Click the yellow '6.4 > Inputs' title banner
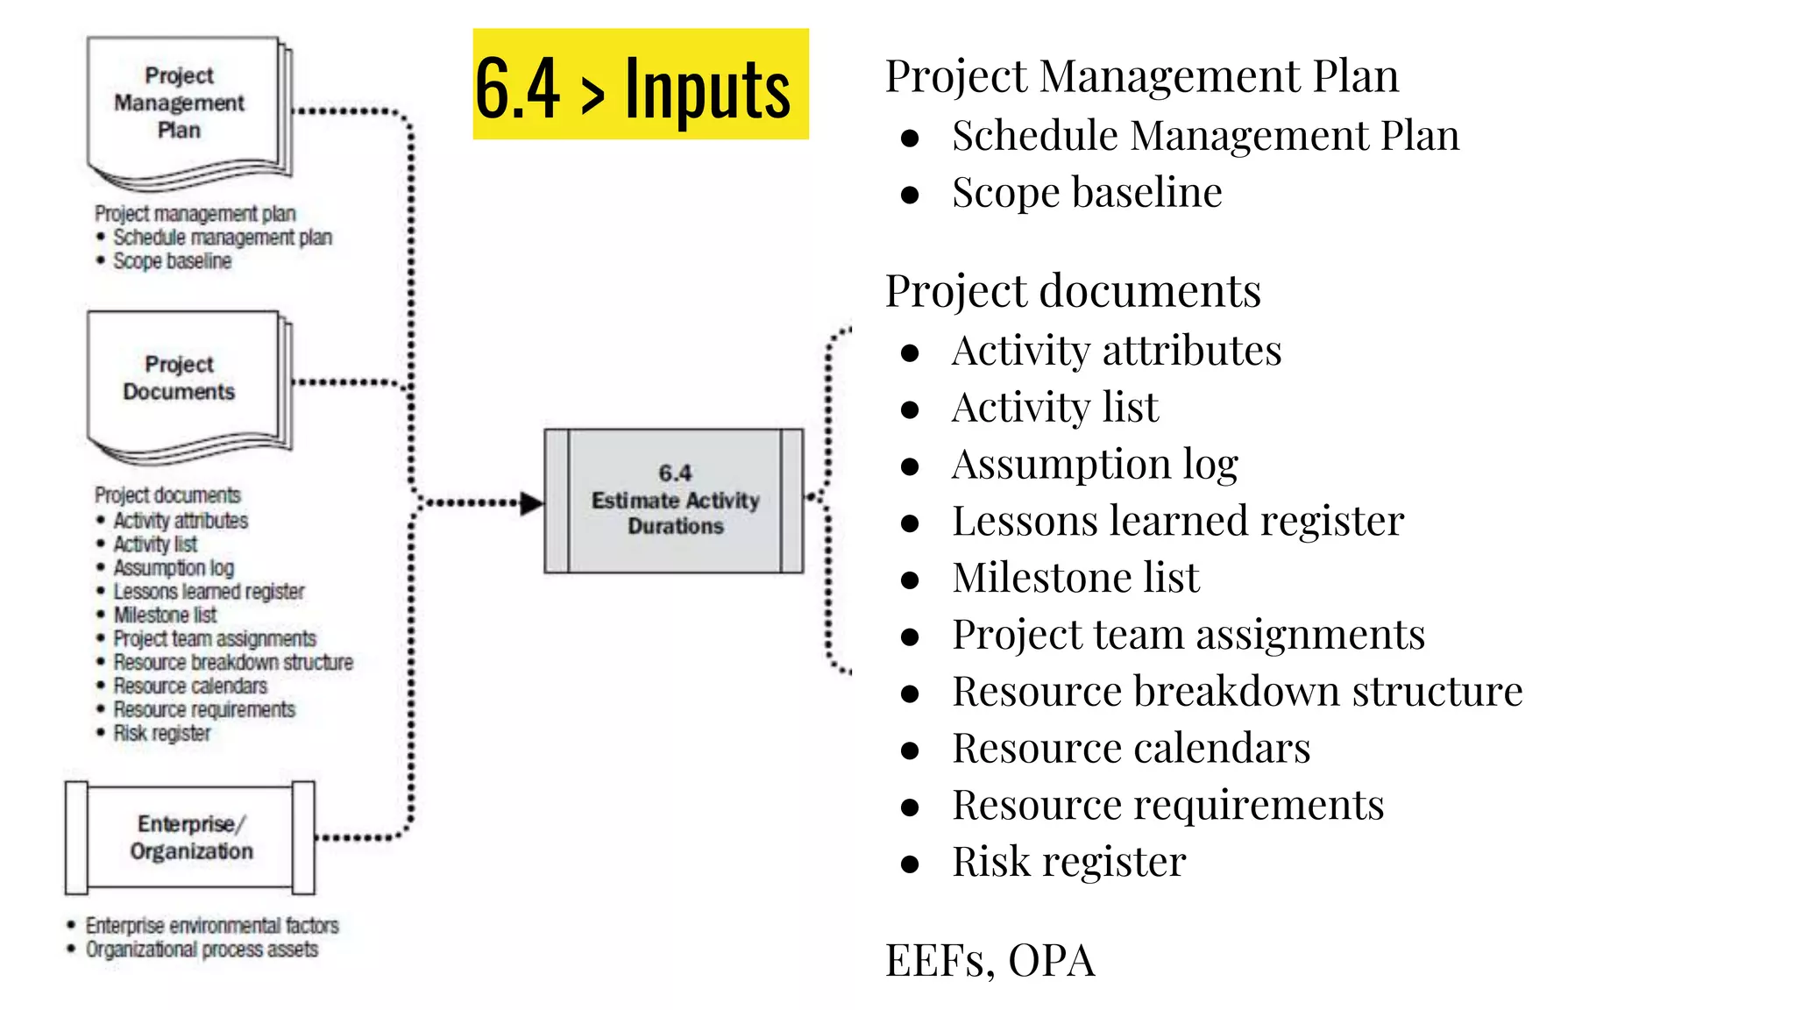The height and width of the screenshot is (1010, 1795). click(640, 85)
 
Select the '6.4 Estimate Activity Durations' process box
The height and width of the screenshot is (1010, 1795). click(674, 501)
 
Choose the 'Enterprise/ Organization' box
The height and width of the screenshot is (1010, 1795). click(190, 837)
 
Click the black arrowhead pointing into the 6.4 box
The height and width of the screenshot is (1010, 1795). click(532, 503)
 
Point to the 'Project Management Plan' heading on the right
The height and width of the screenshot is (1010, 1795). click(1141, 76)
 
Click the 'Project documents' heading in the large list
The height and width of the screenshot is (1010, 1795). click(1073, 291)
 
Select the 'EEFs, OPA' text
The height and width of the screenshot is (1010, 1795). click(990, 960)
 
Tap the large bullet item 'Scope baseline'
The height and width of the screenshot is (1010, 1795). click(1087, 193)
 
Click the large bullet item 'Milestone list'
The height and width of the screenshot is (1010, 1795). click(1075, 578)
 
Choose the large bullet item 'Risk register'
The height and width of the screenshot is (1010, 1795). click(1069, 862)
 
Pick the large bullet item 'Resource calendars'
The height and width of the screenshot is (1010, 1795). click(1131, 749)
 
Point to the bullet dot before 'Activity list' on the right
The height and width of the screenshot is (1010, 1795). click(910, 409)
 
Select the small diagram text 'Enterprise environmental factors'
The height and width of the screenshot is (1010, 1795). click(211, 926)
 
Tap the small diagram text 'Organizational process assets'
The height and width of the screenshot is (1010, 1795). click(202, 950)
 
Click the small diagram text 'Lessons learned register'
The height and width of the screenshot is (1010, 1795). click(209, 592)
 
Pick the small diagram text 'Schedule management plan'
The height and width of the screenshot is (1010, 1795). click(223, 238)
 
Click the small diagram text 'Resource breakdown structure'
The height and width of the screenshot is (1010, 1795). click(233, 663)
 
